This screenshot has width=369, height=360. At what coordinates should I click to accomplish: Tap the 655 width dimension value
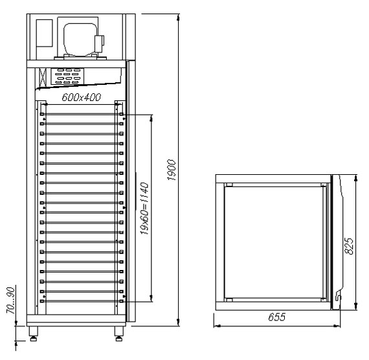[276, 319]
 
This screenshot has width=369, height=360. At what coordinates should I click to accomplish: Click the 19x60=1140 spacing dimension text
[146, 208]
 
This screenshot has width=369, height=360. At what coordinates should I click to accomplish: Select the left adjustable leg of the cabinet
[33, 335]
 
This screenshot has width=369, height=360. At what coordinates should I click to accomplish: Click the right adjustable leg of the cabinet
[119, 335]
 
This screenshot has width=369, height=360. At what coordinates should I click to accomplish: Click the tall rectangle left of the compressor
[44, 36]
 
